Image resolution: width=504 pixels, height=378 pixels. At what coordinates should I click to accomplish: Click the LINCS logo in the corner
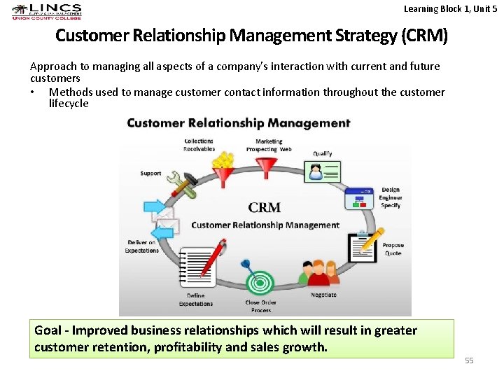click(46, 11)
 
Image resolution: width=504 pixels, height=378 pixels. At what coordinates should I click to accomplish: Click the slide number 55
click(469, 360)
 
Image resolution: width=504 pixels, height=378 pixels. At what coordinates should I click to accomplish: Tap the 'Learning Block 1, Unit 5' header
click(451, 8)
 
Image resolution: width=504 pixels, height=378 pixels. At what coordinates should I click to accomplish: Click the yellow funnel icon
click(223, 169)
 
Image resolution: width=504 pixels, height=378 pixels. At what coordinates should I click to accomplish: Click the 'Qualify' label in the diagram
click(322, 153)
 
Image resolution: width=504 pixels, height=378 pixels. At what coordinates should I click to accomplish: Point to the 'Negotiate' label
click(323, 295)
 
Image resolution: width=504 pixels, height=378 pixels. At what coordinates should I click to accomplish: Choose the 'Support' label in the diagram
click(150, 174)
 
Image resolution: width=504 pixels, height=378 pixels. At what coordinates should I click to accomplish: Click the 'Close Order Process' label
click(260, 307)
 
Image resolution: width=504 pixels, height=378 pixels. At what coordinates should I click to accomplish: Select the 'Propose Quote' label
click(393, 249)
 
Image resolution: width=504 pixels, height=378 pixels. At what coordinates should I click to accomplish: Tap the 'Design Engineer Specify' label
click(391, 198)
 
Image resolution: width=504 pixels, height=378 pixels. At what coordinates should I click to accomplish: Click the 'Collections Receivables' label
click(199, 145)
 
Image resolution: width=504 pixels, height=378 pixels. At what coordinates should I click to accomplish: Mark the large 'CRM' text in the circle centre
click(265, 208)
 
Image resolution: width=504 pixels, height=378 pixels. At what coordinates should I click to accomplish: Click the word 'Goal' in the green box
click(48, 330)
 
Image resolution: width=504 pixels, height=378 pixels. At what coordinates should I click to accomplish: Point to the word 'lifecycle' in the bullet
click(69, 104)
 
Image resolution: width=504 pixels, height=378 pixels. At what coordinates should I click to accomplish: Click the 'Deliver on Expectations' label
click(141, 246)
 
